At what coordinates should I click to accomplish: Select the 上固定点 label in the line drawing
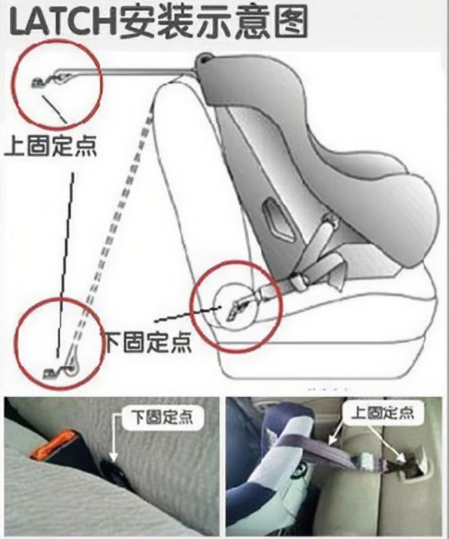point(51,145)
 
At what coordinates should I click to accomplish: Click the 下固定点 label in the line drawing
point(147,341)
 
